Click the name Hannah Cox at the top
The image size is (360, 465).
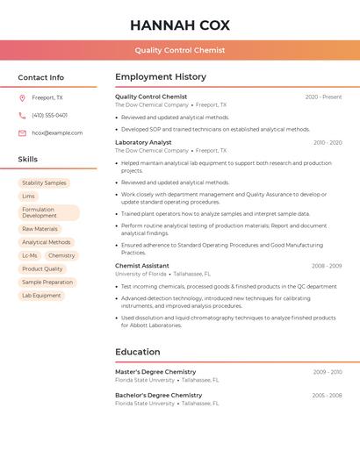180,25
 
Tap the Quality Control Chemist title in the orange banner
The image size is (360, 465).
180,51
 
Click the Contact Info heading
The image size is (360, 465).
41,77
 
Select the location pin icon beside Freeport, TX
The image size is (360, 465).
22,98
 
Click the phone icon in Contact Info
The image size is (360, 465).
22,115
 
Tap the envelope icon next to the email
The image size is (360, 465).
22,132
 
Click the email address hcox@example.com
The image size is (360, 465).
57,132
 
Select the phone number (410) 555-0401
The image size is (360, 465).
49,115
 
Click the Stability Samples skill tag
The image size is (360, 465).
44,183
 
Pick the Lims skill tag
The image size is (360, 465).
29,197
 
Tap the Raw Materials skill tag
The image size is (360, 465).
40,229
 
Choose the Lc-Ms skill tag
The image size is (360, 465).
30,255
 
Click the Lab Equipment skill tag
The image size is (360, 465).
41,296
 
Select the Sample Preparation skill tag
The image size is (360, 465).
47,283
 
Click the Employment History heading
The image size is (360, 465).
161,77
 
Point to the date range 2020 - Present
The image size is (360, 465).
323,97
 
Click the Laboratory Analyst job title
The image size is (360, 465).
143,142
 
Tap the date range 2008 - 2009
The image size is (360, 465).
326,266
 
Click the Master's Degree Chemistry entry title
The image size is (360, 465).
155,372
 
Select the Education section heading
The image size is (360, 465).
138,352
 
